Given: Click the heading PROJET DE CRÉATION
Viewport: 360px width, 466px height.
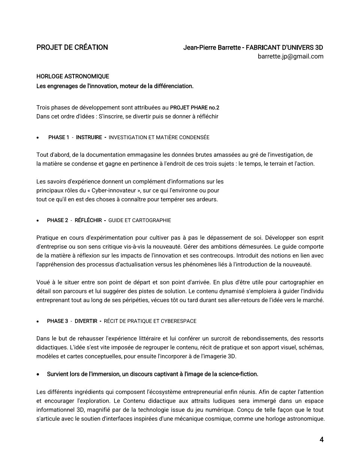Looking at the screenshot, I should point(72,47).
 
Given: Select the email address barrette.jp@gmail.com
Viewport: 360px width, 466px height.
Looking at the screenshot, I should point(290,56).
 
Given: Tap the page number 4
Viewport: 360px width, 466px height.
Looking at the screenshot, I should point(321,440).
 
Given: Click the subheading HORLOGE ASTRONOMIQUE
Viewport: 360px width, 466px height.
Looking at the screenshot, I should point(73,77).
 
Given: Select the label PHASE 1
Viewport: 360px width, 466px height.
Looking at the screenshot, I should point(58,137).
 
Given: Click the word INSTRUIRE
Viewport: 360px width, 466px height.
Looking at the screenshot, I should point(89,137).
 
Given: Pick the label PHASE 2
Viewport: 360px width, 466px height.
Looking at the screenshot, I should point(57,220).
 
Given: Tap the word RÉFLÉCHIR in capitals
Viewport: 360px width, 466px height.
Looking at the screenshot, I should point(88,220).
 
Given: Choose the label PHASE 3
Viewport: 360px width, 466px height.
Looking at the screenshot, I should point(57,321).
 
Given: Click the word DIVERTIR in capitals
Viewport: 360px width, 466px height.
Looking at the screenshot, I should point(86,321).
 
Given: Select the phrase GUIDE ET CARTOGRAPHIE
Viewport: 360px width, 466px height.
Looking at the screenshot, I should point(139,220).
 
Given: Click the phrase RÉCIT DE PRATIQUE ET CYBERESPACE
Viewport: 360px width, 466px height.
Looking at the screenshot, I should point(150,321).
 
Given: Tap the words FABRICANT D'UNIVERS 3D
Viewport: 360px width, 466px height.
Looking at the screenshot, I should point(284,48).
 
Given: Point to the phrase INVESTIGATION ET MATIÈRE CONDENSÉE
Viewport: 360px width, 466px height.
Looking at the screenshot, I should point(159,137).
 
